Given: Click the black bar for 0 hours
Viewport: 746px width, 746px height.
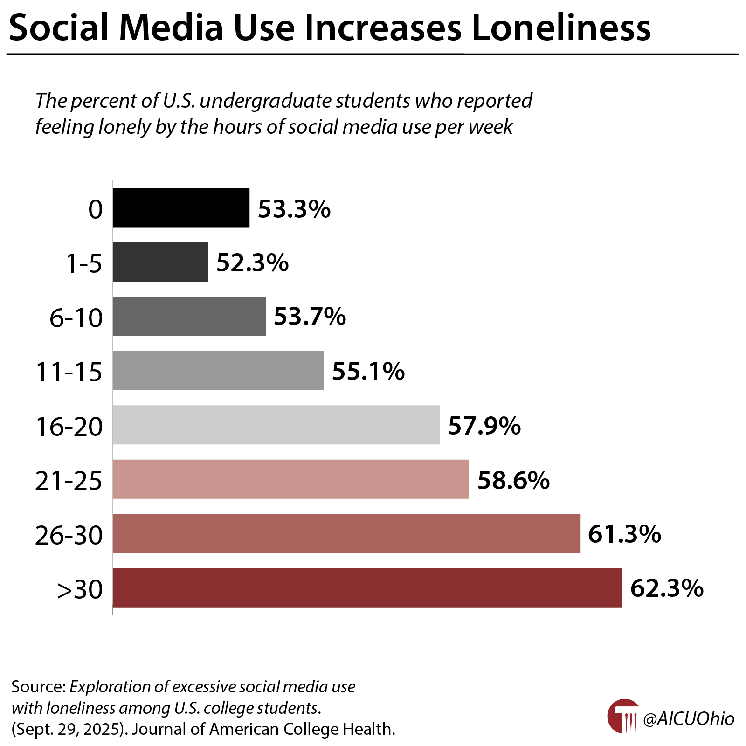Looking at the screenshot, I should tap(181, 208).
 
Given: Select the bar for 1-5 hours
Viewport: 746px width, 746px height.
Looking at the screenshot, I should tap(160, 262).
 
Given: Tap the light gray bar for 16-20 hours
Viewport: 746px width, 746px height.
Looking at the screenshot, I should tap(276, 425).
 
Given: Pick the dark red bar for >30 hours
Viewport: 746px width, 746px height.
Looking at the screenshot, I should tap(367, 587).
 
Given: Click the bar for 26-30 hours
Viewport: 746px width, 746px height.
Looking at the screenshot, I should tap(346, 533).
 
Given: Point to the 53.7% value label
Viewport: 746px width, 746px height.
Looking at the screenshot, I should tap(310, 317).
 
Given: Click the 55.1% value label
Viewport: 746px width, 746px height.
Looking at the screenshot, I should tap(368, 371).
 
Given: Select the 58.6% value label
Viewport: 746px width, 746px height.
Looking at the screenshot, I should tap(513, 480).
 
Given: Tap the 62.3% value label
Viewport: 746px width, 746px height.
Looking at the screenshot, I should tap(666, 588).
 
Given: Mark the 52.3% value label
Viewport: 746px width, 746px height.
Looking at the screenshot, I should tap(252, 262).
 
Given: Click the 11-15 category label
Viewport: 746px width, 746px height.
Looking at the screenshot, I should tap(69, 372).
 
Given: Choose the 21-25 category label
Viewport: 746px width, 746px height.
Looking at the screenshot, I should tap(69, 481).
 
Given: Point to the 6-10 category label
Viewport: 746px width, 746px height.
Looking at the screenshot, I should tap(76, 318).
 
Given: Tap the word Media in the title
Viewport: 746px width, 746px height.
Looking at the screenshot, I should tap(171, 28).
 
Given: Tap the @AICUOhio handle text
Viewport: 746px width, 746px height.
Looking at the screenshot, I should tap(689, 718).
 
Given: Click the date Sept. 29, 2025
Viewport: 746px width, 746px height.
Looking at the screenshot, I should tap(69, 729).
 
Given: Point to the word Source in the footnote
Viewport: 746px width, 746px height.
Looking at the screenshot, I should tap(37, 687).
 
